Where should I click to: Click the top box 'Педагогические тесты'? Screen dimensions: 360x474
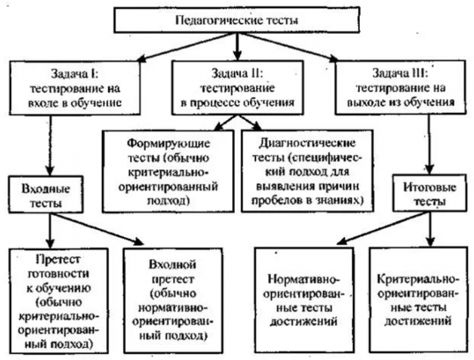(x=236, y=21)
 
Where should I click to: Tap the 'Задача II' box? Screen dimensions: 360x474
(x=236, y=86)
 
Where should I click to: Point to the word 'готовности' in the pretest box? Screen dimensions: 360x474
(x=56, y=275)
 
